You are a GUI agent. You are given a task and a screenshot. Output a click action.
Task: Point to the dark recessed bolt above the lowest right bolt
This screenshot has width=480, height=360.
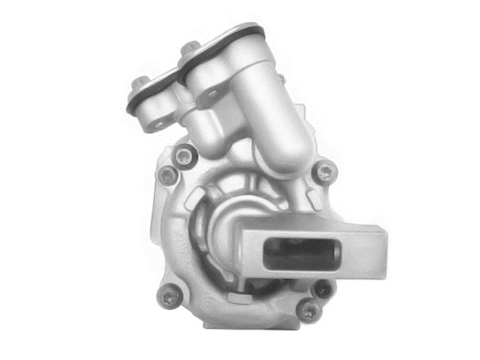(x=322, y=289)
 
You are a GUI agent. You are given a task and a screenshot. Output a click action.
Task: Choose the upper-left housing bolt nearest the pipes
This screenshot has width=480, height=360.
(x=184, y=154)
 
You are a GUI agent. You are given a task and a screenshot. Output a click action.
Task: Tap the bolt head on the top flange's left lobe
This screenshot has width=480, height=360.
(x=138, y=84)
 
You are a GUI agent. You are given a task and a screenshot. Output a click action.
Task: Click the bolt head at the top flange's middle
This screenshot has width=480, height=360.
(x=190, y=47)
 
